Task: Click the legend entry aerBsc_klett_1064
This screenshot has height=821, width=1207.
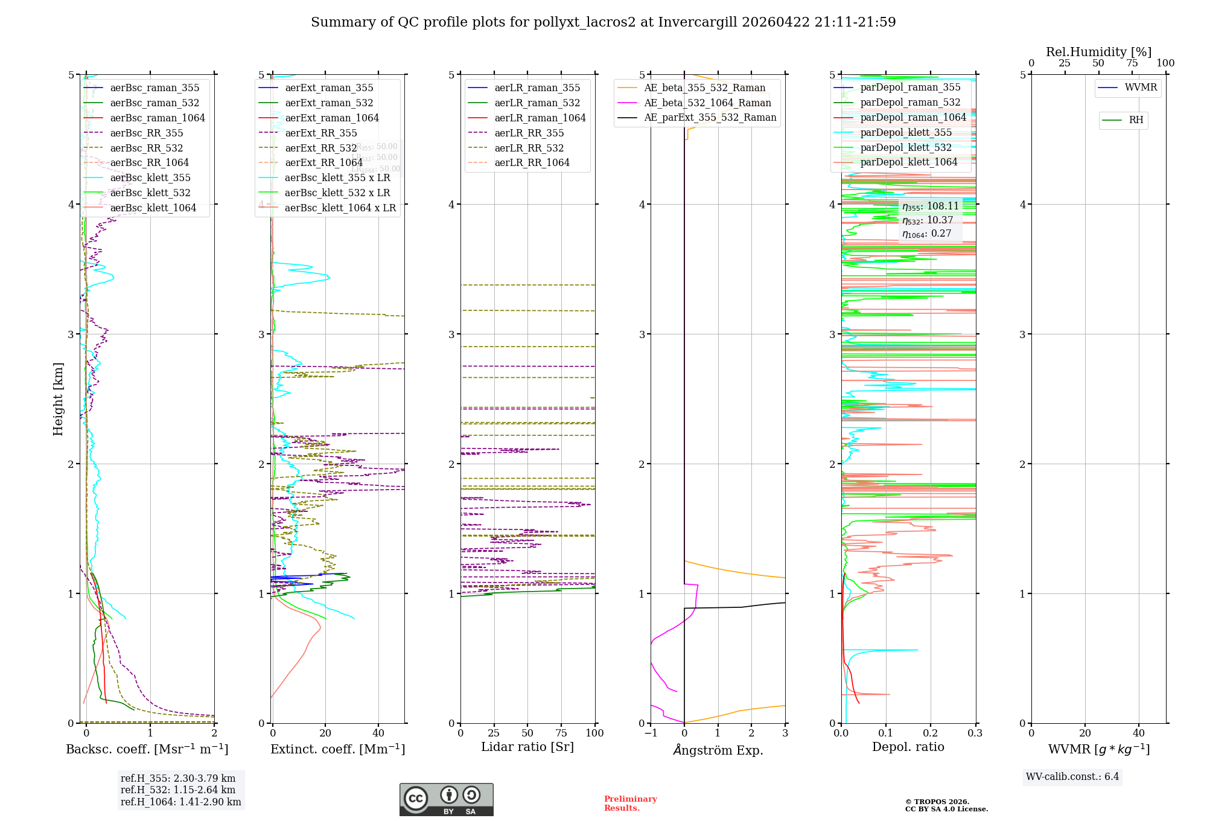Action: coord(153,208)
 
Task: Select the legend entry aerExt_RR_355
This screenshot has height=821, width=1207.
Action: coord(320,133)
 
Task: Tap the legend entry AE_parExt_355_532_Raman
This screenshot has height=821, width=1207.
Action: coord(710,118)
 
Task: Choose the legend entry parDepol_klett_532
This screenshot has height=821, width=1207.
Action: coord(905,148)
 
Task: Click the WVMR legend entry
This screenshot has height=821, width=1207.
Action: coord(1140,88)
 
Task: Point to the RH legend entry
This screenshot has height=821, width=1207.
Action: coord(1135,120)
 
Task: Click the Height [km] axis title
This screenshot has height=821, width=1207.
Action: coord(58,399)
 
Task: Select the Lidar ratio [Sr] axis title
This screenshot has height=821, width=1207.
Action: coord(527,747)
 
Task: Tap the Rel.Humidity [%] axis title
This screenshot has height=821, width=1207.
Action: coord(1098,52)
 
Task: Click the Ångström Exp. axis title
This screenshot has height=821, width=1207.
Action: coord(718,750)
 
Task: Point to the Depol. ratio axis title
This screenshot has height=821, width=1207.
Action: coord(908,747)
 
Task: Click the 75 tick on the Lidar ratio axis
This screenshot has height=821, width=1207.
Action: coord(561,733)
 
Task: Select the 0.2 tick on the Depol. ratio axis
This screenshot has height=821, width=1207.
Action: coord(931,733)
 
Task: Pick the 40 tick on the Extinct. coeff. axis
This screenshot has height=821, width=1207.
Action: coord(378,733)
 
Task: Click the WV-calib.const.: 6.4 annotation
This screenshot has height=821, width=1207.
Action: coord(1072,777)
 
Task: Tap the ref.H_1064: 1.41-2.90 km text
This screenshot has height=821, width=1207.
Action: coord(180,802)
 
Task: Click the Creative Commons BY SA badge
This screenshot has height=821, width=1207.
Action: coord(446,800)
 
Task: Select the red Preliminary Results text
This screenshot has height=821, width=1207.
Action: coord(630,803)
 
